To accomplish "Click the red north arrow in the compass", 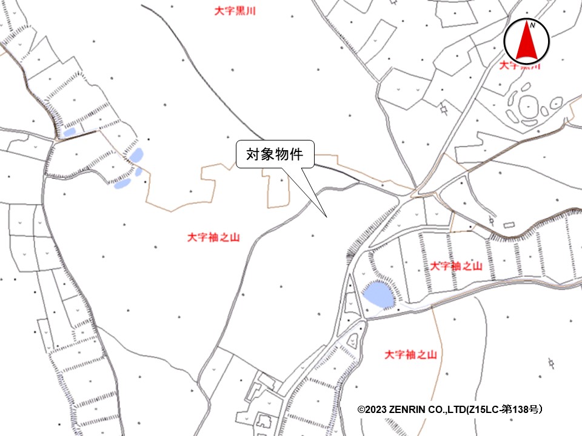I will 527,44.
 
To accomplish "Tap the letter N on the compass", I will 532,25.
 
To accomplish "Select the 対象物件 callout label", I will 274,154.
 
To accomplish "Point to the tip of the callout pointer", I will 327,216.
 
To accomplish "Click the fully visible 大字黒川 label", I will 235,10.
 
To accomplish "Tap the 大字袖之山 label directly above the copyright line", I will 410,354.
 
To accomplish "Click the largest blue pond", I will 378,294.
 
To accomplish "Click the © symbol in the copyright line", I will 361,410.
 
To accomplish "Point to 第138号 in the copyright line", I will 521,410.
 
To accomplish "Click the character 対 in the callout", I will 252,154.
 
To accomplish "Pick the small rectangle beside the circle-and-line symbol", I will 508,225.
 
